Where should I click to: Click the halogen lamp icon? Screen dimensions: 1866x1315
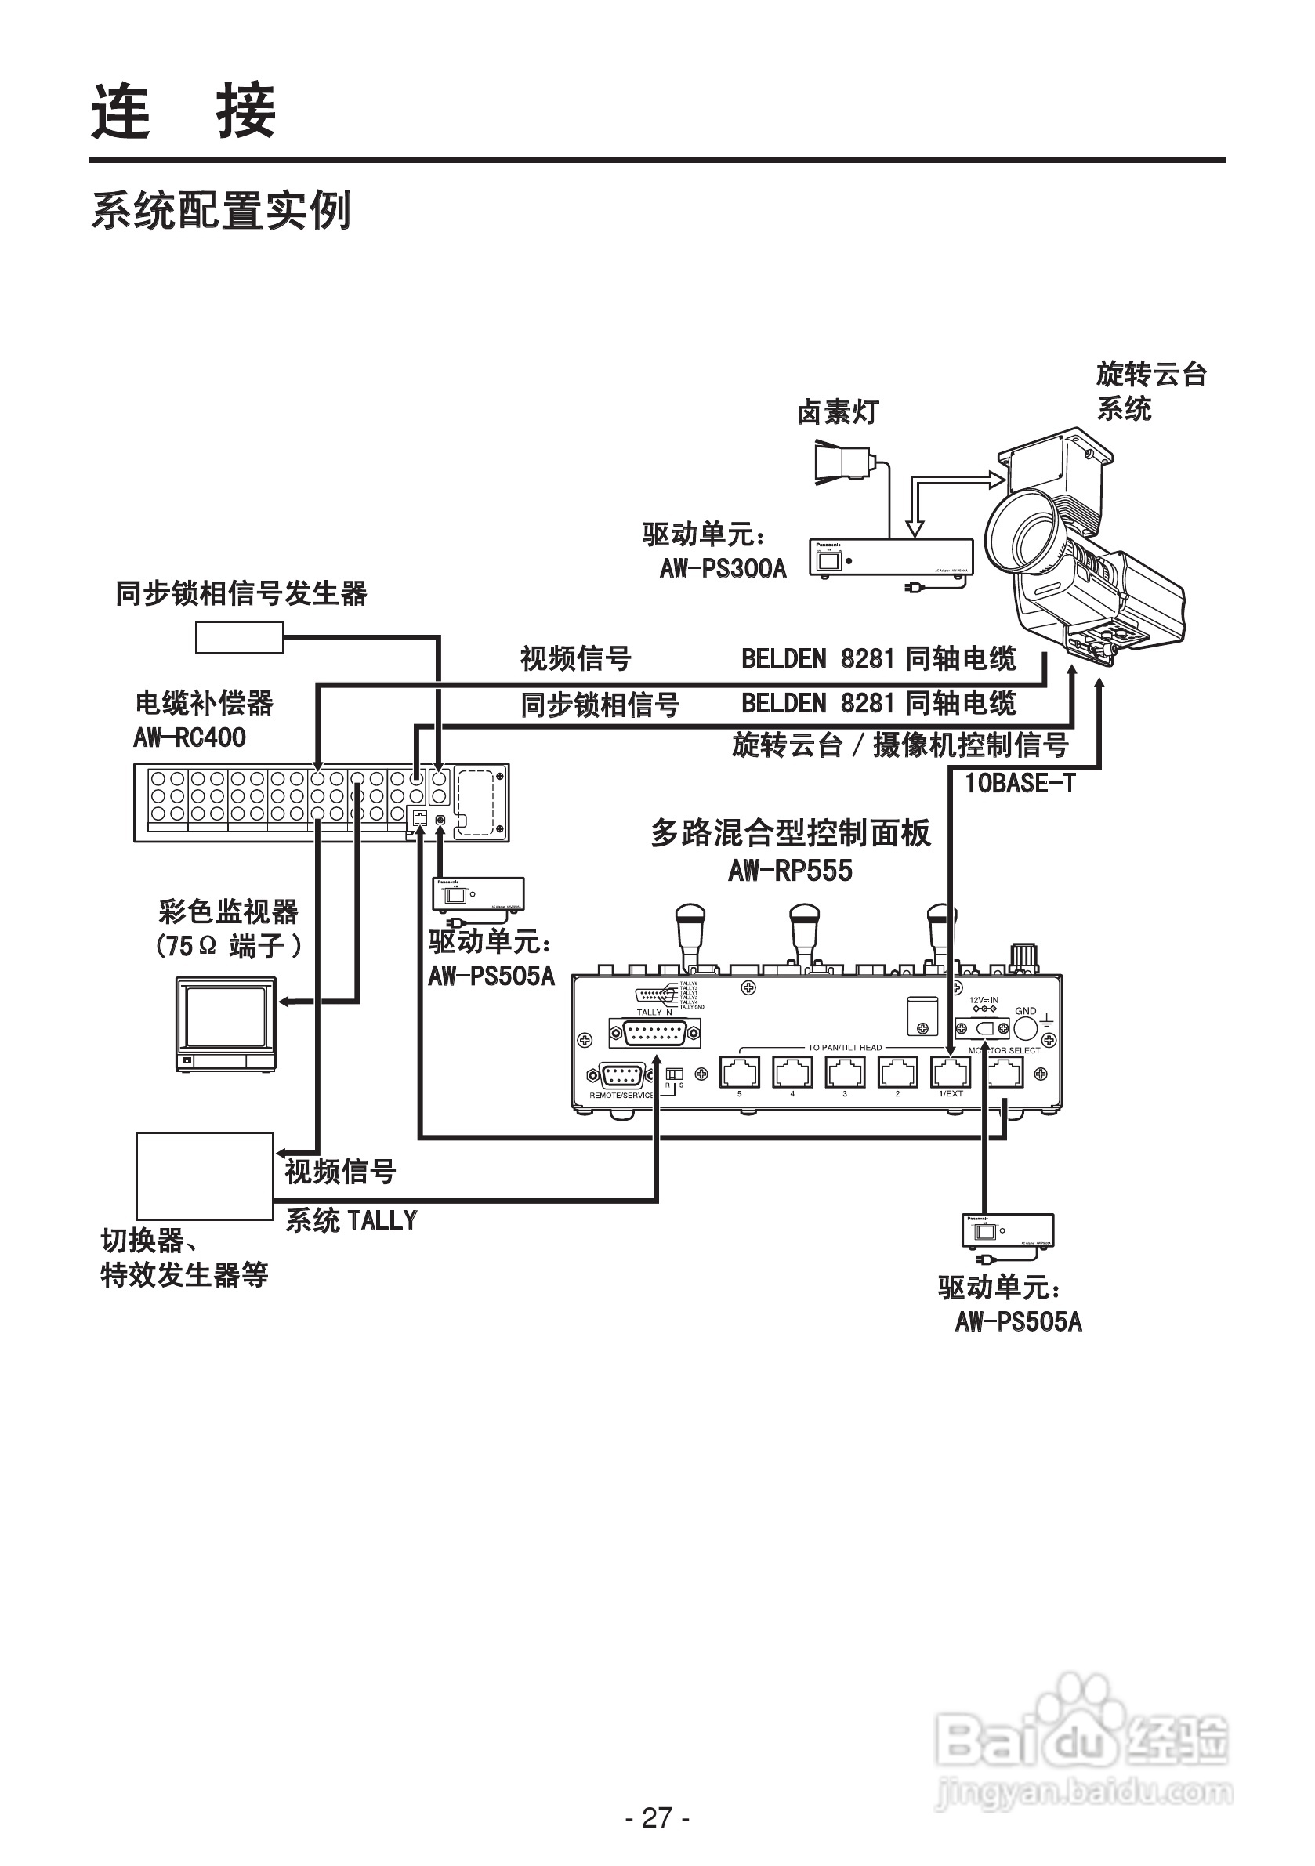coord(843,463)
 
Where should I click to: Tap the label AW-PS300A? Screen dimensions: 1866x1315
coord(723,568)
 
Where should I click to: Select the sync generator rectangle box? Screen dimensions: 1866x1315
coord(239,637)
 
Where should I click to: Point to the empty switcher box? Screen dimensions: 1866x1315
coord(205,1176)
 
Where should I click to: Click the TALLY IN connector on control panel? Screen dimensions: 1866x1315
coord(654,1034)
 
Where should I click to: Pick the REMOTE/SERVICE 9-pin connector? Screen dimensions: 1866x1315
coord(621,1076)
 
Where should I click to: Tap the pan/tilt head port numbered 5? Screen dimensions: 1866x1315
coord(740,1073)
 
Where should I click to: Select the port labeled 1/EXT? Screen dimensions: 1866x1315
coord(950,1073)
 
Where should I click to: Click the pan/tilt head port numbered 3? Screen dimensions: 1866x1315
coord(846,1073)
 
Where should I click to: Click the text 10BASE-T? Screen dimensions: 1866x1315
coord(1020,784)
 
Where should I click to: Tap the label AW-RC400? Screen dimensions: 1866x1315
coord(190,738)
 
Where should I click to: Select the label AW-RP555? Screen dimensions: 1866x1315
coord(790,871)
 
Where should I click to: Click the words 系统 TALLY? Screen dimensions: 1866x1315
coord(351,1221)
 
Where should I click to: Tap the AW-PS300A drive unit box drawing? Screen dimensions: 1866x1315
coord(891,558)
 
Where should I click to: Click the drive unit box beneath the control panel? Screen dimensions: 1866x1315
coord(1008,1231)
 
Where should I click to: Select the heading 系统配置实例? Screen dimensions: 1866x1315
coord(221,212)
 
